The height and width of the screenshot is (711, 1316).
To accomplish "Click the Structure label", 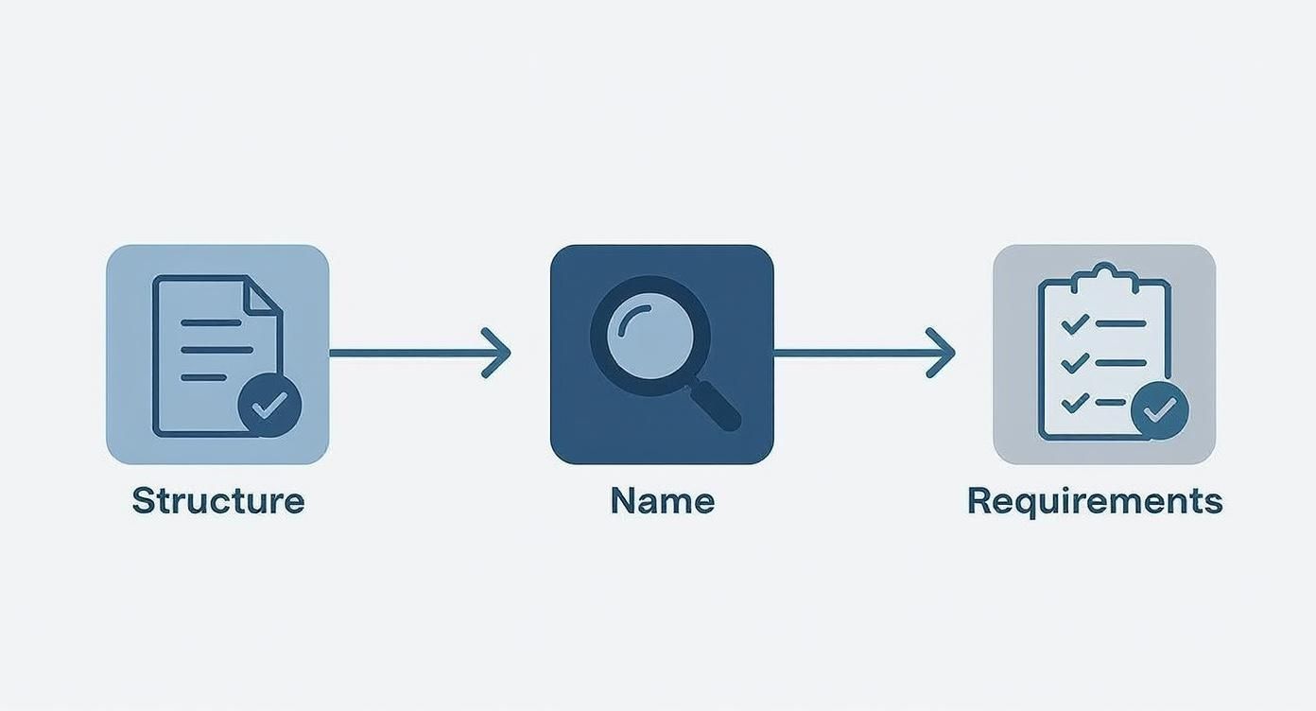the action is (218, 501).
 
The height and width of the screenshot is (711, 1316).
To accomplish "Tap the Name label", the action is (663, 501).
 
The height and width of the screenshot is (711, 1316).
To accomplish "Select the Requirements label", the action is (1095, 502).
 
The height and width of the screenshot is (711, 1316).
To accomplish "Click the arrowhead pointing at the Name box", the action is (496, 354).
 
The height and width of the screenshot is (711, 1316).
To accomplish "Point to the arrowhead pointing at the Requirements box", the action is (942, 354).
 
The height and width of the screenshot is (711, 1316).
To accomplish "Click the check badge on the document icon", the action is (269, 406).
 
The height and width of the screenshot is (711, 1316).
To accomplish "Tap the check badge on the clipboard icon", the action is (1160, 410).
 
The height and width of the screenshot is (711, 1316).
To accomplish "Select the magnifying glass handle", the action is (715, 405).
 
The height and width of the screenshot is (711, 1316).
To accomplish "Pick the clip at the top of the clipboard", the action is (1104, 279).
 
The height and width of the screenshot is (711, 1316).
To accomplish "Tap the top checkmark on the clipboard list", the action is (1076, 323).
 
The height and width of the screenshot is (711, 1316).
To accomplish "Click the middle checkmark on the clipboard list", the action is (1076, 363).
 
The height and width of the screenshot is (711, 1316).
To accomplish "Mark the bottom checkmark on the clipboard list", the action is (1076, 403).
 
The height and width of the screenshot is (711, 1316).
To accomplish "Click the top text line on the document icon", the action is (212, 322).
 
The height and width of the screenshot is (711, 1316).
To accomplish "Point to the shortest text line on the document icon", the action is (204, 378).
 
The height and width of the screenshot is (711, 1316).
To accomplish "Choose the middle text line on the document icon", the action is (216, 350).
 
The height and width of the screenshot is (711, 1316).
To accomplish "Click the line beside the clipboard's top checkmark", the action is (1121, 323).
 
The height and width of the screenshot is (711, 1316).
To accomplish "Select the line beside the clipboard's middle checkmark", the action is (1121, 363).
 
